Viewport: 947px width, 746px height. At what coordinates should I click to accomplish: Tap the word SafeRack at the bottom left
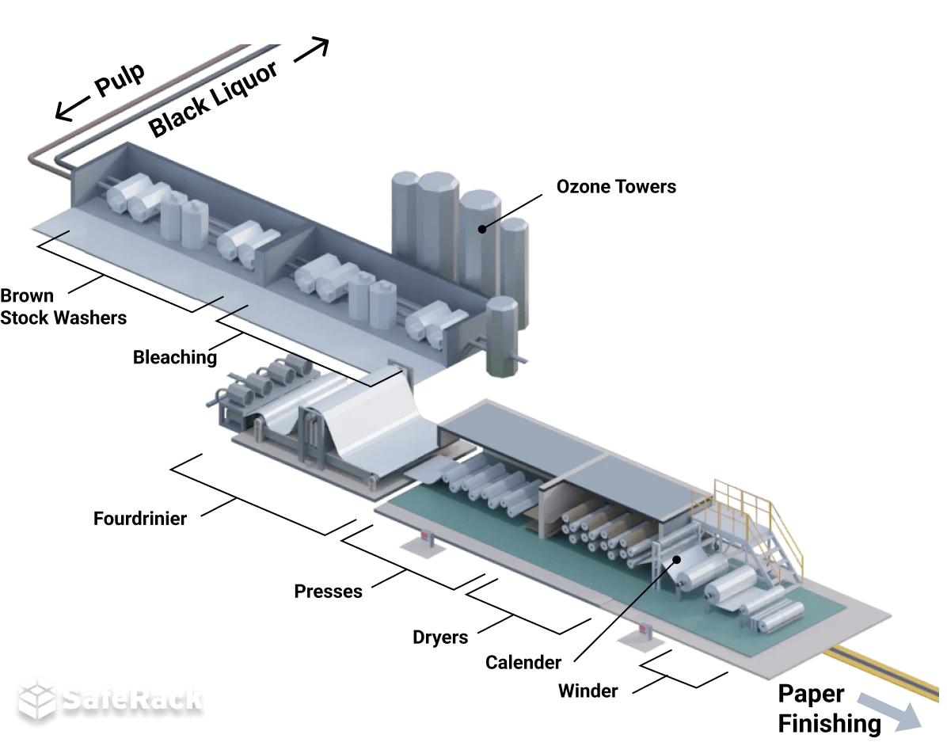(x=131, y=698)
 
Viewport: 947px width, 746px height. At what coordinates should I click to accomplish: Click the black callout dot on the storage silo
(x=481, y=229)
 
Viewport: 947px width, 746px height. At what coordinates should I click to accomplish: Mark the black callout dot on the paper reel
(x=677, y=560)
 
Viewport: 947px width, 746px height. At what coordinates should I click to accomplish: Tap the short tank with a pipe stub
(x=502, y=337)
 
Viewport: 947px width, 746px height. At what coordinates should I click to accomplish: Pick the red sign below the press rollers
(x=424, y=538)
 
